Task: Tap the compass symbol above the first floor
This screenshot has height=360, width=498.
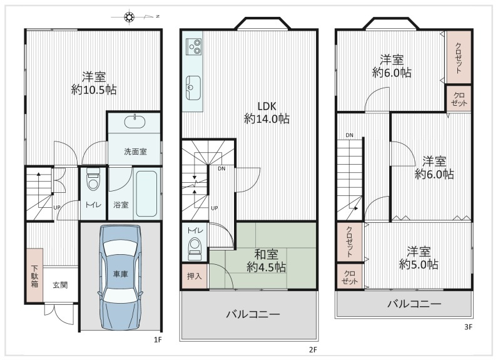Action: (130, 16)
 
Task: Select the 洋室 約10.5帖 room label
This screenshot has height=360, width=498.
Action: (94, 83)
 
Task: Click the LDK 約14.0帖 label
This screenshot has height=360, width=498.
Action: (267, 111)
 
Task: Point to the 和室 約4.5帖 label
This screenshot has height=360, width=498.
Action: (267, 260)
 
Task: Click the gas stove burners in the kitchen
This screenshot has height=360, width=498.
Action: (192, 44)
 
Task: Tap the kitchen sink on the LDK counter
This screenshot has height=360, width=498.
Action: (191, 86)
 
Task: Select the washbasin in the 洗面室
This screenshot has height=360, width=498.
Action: (134, 121)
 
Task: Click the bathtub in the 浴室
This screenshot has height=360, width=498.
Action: (148, 193)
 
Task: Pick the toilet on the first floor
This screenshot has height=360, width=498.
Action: (93, 181)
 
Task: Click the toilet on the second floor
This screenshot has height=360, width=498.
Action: (194, 247)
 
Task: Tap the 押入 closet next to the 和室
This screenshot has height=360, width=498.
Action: (194, 275)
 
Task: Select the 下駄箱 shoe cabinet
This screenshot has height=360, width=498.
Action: (34, 275)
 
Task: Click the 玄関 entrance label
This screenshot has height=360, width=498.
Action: (61, 285)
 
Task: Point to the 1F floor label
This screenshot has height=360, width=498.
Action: (158, 339)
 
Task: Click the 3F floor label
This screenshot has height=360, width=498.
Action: (467, 326)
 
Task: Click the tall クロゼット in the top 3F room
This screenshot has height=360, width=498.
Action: (458, 57)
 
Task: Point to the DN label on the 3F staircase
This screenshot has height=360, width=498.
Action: (349, 135)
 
